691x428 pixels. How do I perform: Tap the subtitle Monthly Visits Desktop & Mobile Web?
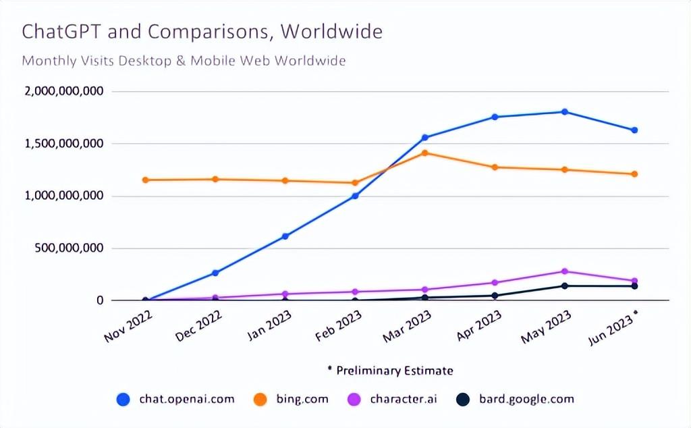[184, 61]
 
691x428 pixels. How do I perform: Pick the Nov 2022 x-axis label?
[129, 326]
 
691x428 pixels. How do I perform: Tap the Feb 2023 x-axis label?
[339, 326]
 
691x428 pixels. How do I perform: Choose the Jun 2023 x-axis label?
[613, 326]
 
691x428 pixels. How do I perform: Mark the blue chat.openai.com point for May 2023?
[565, 112]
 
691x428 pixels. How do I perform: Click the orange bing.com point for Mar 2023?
[425, 153]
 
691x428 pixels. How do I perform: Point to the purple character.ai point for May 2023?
[565, 271]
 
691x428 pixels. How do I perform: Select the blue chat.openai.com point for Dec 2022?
[215, 273]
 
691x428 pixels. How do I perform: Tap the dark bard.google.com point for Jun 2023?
[634, 286]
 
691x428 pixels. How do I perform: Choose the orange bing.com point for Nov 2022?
[145, 180]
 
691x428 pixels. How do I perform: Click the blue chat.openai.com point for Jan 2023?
[285, 236]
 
